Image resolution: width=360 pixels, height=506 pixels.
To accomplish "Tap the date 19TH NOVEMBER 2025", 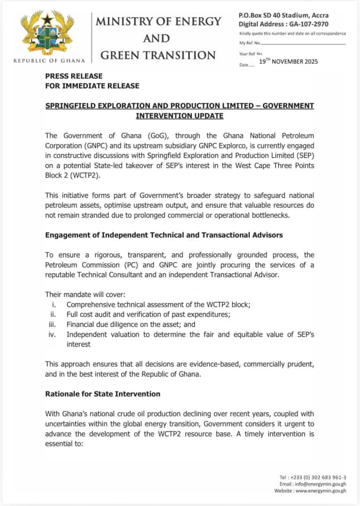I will (x=288, y=61).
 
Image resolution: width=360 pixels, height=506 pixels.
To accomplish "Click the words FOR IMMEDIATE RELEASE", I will (x=92, y=85).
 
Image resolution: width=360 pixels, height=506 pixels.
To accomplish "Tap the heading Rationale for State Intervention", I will (x=103, y=394).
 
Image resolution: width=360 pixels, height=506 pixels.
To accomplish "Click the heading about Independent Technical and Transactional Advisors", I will (x=164, y=235).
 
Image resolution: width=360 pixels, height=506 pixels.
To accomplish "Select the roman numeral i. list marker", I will (x=52, y=305).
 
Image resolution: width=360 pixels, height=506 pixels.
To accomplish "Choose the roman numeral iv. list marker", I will (x=52, y=335).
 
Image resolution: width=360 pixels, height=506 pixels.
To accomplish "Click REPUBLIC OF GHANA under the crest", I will (x=49, y=60).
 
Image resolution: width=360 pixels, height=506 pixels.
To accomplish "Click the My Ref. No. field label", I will (x=251, y=43).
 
